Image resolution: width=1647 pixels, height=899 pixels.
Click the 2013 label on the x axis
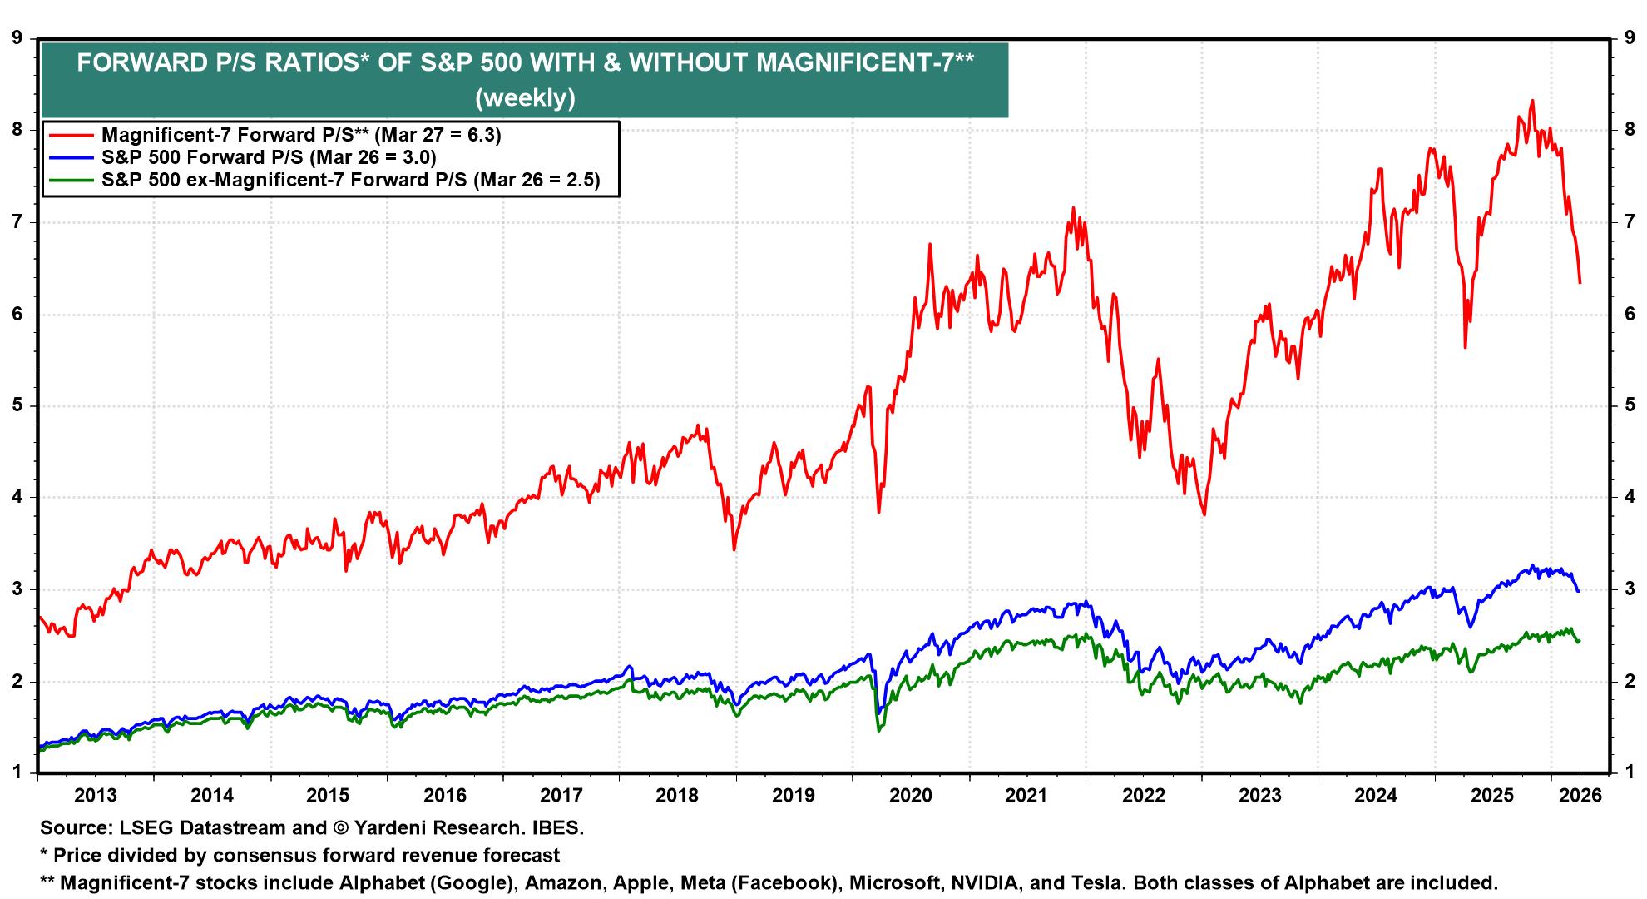coord(96,795)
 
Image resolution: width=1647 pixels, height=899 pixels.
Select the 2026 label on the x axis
coord(1580,795)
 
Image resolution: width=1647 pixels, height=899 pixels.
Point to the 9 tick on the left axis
coord(16,37)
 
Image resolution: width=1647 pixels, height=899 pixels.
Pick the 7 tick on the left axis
coord(16,222)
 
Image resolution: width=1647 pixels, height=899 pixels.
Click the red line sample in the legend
coord(72,135)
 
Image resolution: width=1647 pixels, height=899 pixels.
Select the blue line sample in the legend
coord(72,157)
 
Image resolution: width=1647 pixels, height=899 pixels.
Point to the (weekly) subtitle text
coord(525,97)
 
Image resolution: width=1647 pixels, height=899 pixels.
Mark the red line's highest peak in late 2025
coord(1532,101)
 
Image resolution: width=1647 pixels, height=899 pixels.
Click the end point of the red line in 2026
coord(1580,283)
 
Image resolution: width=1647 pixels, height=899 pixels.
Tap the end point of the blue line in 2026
coord(1578,590)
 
